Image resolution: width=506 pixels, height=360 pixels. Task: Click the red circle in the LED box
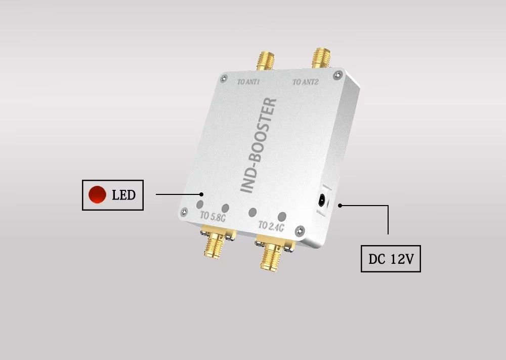(x=97, y=194)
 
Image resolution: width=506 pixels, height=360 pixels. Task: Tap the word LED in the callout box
(x=123, y=195)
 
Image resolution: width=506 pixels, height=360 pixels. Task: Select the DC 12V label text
(x=391, y=259)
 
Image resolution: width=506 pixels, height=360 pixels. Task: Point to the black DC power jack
(x=321, y=201)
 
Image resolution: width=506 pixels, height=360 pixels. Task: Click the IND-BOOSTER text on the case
(x=258, y=146)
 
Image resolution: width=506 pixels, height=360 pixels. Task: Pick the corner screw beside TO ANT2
(x=337, y=75)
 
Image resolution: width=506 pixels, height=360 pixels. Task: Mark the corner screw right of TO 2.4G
(x=301, y=230)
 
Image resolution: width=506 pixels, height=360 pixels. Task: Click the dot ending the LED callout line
(x=201, y=194)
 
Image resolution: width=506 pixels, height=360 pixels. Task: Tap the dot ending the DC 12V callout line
(x=341, y=206)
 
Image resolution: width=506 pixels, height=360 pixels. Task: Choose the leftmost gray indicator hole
(x=200, y=205)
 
